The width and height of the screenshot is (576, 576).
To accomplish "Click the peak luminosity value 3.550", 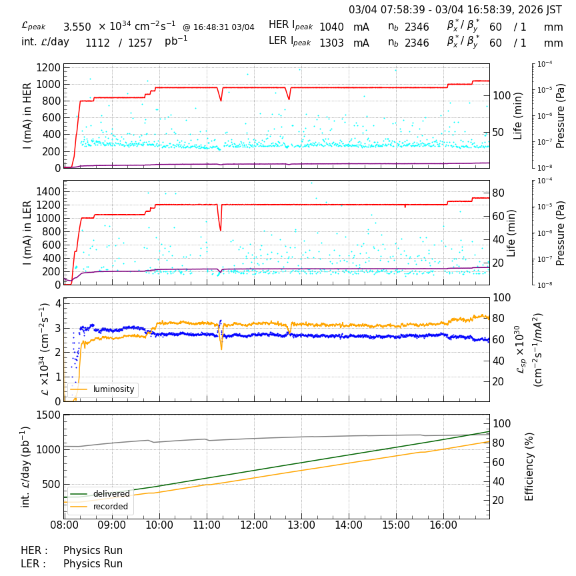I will [77, 27].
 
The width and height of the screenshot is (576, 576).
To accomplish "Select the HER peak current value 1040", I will [331, 27].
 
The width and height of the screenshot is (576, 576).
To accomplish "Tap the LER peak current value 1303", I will [331, 43].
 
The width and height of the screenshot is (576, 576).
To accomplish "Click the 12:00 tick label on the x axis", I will [254, 525].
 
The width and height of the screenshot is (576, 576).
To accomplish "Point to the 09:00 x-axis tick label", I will [111, 525].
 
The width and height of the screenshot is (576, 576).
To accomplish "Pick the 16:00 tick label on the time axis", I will [443, 525].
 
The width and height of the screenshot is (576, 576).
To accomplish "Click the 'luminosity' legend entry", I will [113, 389].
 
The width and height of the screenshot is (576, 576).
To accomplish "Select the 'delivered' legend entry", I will [111, 494].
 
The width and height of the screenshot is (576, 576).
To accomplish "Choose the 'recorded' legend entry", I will [111, 507].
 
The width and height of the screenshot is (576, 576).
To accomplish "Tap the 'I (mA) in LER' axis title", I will [27, 232].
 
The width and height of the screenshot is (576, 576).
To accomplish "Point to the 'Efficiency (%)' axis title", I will [530, 466].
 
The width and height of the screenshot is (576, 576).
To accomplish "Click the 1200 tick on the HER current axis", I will [48, 67].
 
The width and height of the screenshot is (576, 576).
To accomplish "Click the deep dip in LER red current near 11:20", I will [221, 229].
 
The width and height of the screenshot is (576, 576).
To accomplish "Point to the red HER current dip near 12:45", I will [289, 99].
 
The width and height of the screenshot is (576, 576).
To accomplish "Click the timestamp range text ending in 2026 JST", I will [455, 10].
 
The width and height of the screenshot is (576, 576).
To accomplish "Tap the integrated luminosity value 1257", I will [140, 43].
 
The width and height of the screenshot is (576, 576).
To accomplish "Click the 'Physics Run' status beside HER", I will [93, 551].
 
